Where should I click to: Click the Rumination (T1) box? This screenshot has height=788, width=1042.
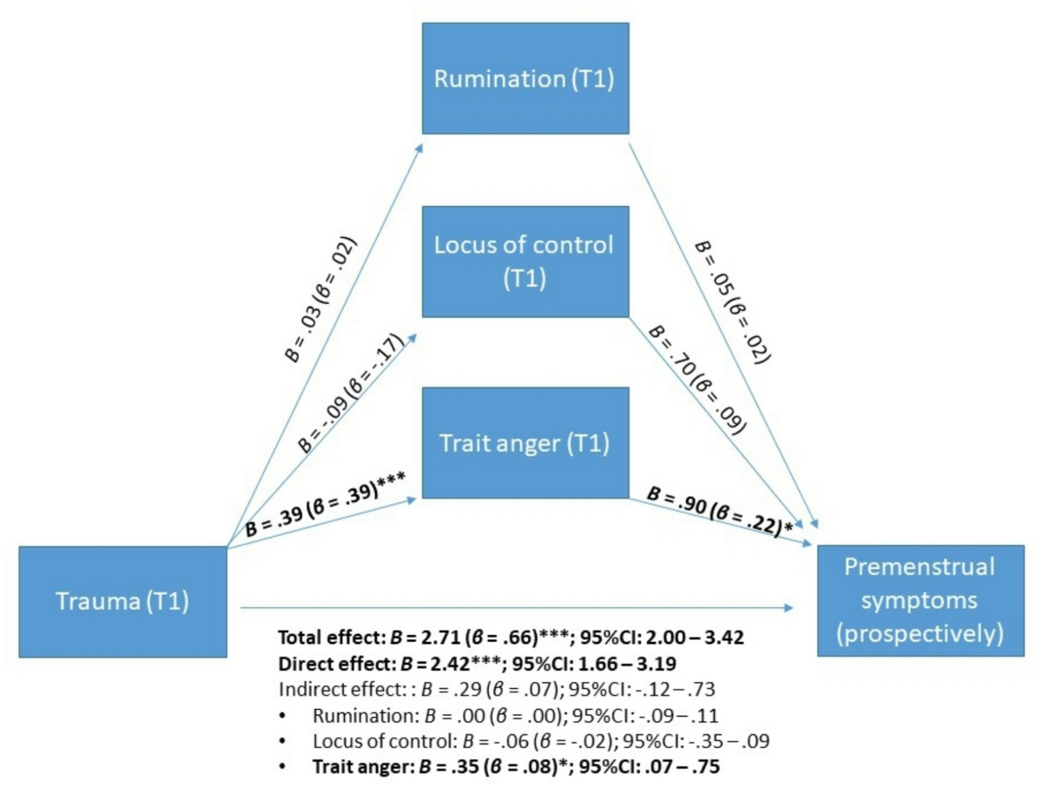click(x=524, y=78)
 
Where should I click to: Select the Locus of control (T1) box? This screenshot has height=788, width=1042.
click(x=524, y=261)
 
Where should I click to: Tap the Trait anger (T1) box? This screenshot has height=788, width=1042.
click(x=524, y=443)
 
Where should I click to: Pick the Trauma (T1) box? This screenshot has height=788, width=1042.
click(x=122, y=601)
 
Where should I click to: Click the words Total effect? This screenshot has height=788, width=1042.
click(x=326, y=637)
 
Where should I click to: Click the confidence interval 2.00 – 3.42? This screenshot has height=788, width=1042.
click(x=699, y=637)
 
